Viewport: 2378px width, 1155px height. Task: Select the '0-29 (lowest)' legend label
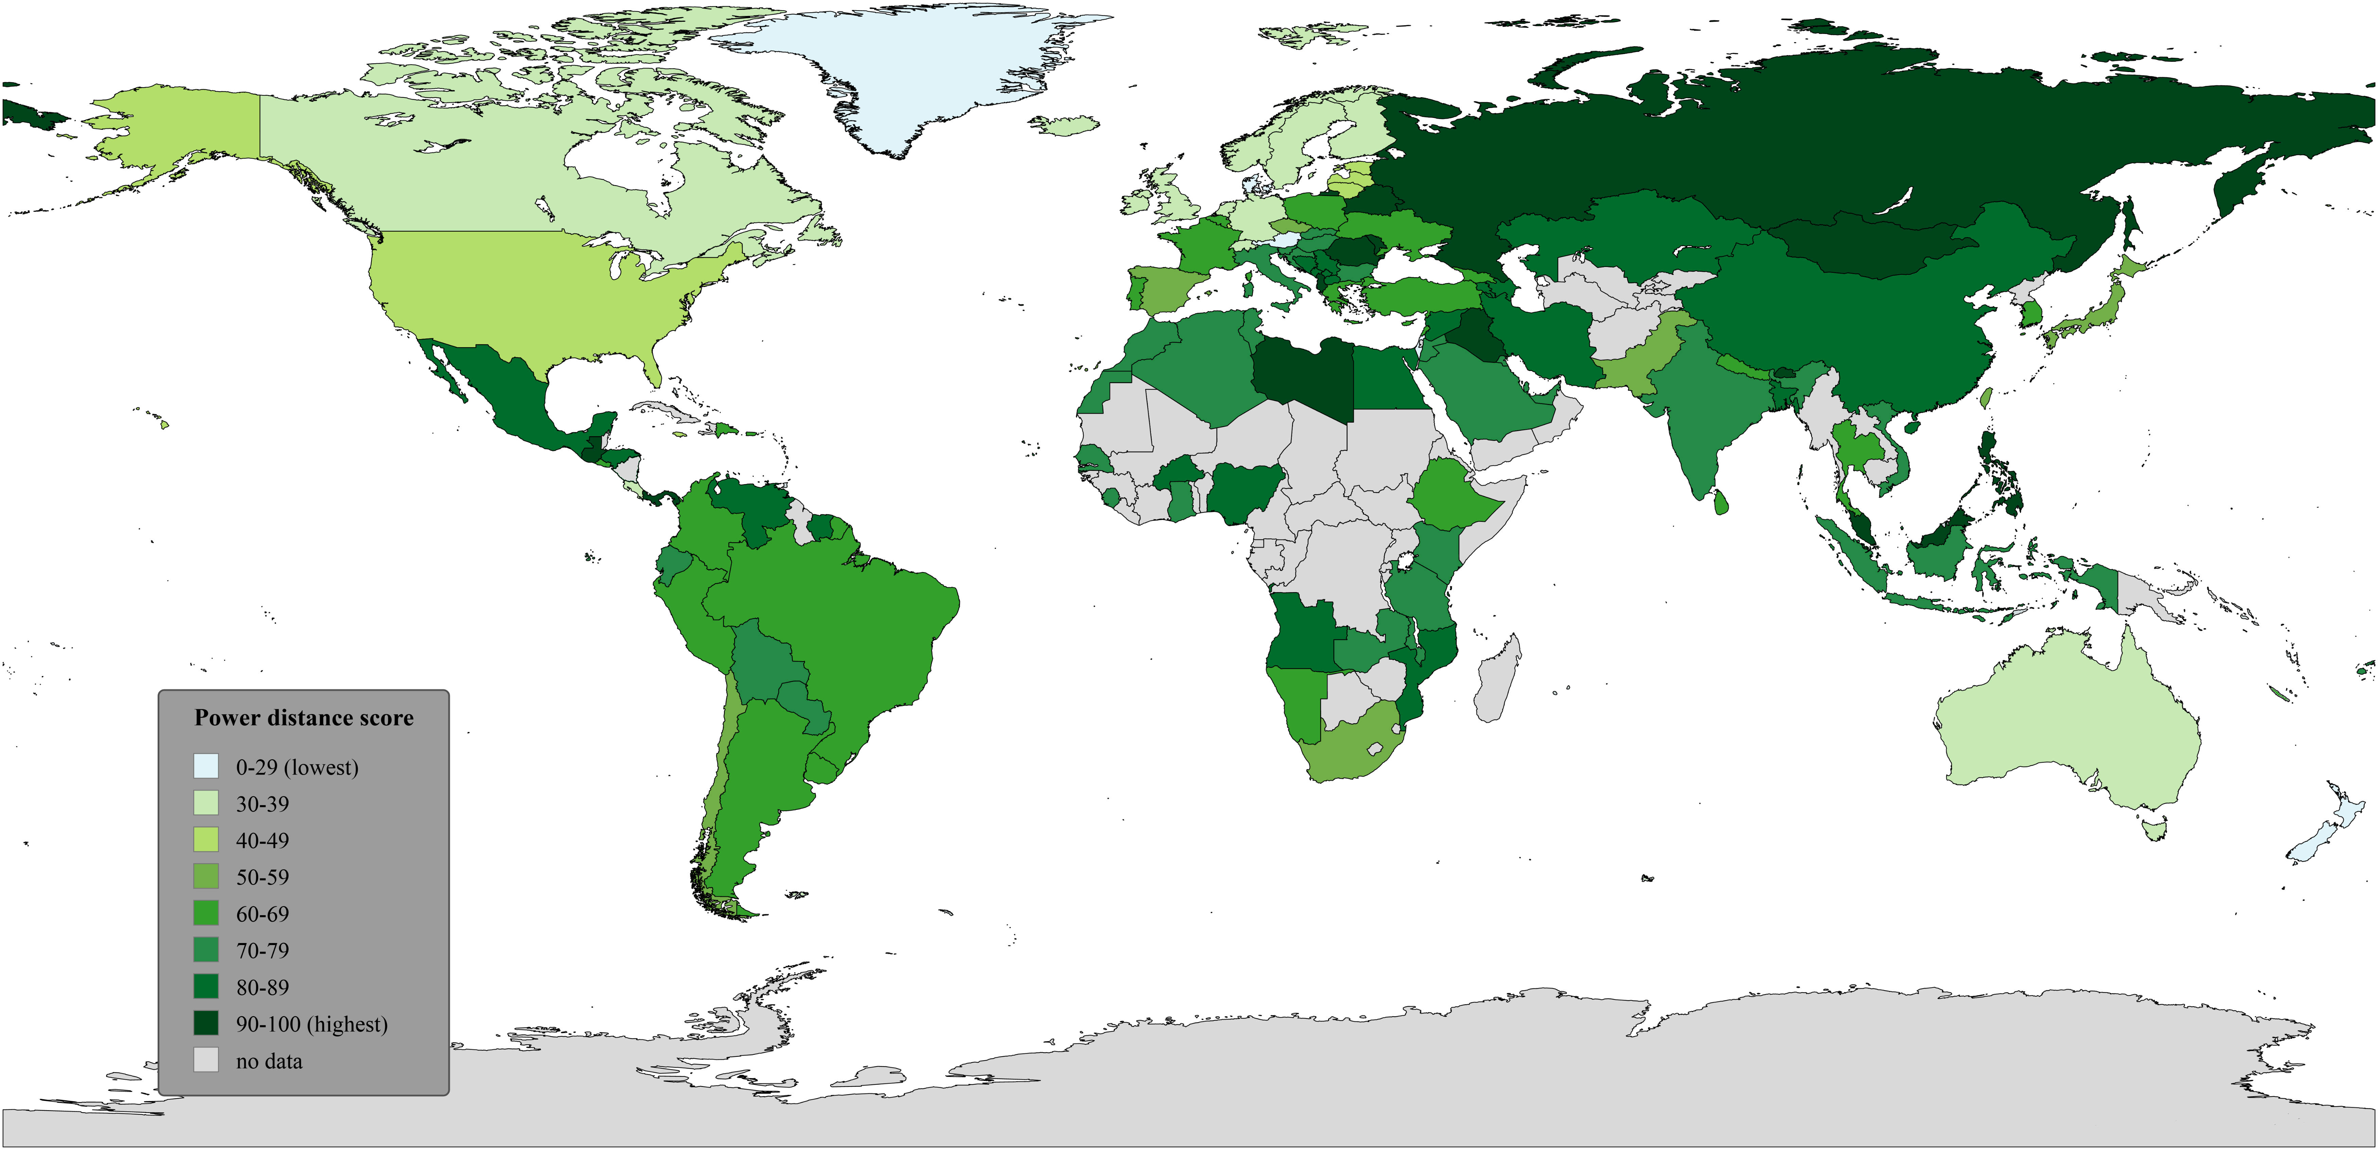[x=296, y=767]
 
